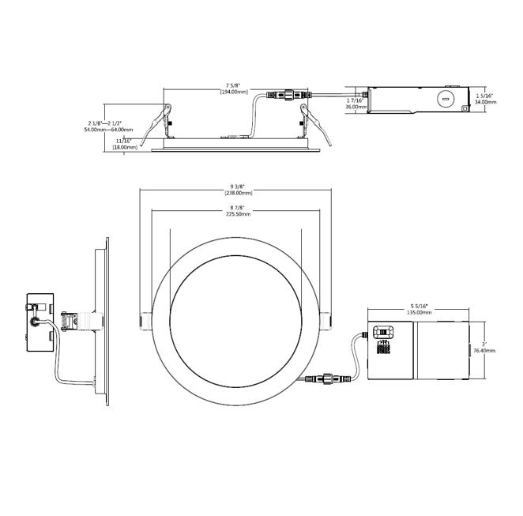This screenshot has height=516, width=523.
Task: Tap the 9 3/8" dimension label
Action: [x=238, y=186]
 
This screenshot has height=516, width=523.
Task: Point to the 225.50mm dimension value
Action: [x=238, y=213]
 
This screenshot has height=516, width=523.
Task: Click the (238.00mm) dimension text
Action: [x=238, y=194]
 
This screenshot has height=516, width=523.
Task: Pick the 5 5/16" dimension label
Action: [x=419, y=306]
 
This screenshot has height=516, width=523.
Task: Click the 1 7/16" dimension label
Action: [x=354, y=101]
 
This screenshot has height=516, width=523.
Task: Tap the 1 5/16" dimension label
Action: [x=486, y=96]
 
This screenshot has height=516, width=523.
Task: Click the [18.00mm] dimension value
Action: [x=125, y=147]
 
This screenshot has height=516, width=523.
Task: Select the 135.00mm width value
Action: [x=419, y=313]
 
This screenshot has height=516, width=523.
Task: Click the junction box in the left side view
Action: [x=39, y=322]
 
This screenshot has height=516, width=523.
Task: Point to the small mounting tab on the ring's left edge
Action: [x=145, y=321]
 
